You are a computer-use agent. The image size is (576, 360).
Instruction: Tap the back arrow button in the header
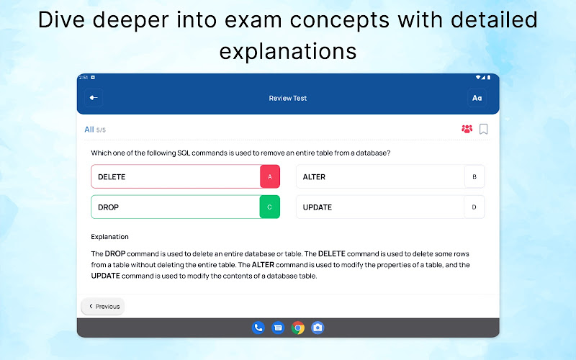tap(94, 98)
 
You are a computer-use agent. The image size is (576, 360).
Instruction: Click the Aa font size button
tap(477, 98)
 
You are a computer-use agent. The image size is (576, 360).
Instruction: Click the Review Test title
tap(287, 98)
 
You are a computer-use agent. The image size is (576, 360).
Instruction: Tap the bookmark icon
tap(483, 129)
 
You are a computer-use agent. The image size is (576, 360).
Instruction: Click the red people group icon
tap(467, 129)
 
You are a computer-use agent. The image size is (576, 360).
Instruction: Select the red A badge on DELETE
tap(270, 176)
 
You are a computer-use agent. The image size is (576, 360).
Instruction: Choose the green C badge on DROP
tap(269, 207)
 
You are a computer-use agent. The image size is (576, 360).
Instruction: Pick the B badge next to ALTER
tap(474, 176)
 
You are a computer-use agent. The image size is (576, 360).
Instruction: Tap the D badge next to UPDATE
tap(474, 207)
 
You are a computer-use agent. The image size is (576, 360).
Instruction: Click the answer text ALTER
tap(314, 177)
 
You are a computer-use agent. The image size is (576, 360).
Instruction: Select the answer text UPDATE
tap(318, 207)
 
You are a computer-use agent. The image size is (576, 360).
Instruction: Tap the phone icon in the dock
tap(258, 328)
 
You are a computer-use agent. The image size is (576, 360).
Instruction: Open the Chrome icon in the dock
tap(298, 328)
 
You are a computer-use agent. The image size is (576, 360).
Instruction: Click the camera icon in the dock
tap(318, 328)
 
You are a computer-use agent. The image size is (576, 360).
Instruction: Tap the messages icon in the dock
tap(278, 328)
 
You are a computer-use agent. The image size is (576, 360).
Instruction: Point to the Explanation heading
tap(110, 237)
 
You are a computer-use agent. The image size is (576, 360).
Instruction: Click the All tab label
tap(89, 130)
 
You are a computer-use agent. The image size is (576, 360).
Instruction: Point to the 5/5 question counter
tap(101, 130)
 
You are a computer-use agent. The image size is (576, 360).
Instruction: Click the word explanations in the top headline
tap(288, 51)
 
